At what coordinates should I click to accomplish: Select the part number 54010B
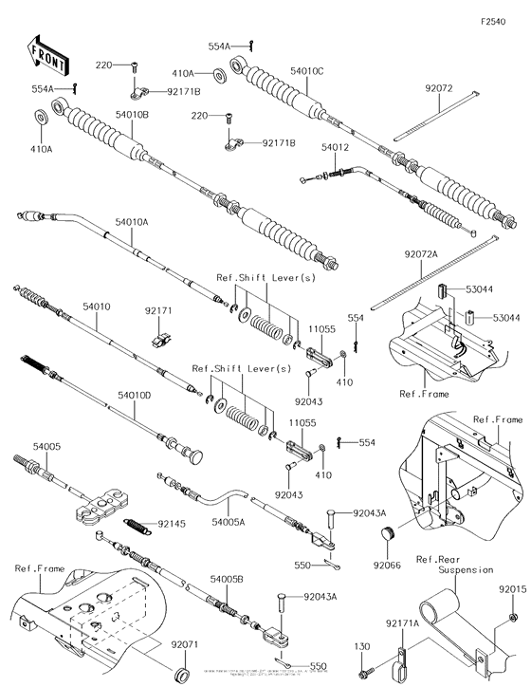[133, 115]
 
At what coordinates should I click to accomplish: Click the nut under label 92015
[511, 617]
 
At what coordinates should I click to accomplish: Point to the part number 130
[361, 646]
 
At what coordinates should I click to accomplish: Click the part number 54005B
[228, 578]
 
